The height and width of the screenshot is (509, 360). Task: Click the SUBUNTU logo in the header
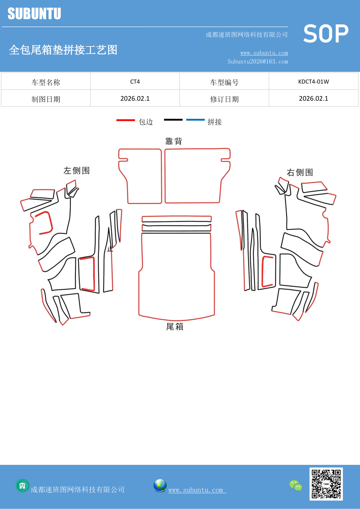[x=34, y=14]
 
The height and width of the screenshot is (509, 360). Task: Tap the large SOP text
[x=326, y=34]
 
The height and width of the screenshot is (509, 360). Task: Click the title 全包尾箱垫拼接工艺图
[x=63, y=50]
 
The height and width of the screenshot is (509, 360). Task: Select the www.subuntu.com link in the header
[x=264, y=53]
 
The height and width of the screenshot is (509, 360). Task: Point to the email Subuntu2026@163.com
[x=258, y=62]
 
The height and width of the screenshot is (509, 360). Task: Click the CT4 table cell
[x=135, y=82]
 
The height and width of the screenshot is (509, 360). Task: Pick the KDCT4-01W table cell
[x=313, y=82]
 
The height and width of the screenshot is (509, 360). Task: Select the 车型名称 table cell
[x=46, y=82]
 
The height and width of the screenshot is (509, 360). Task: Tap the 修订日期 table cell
[x=224, y=99]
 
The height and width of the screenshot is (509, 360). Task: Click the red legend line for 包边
[x=126, y=120]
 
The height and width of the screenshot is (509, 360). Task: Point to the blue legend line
[x=195, y=120]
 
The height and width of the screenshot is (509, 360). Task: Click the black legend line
[x=173, y=120]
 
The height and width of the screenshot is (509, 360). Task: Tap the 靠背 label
[x=173, y=141]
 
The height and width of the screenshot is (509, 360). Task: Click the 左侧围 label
[x=77, y=171]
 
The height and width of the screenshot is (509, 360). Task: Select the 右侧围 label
[x=300, y=172]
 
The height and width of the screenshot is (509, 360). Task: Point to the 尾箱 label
[x=175, y=327]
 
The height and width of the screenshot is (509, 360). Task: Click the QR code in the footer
[x=326, y=484]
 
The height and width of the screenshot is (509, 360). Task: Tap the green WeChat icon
[x=296, y=485]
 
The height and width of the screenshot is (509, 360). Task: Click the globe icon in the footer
[x=160, y=485]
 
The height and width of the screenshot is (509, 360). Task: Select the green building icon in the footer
[x=22, y=485]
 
